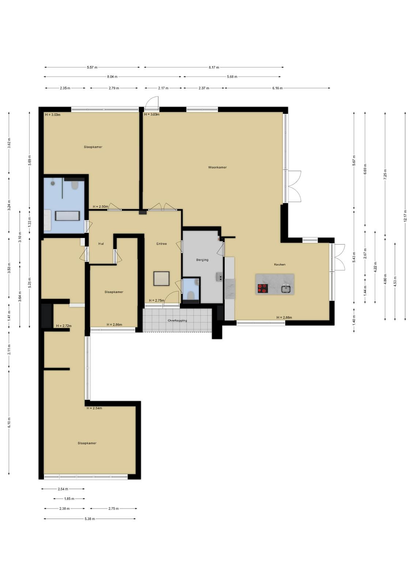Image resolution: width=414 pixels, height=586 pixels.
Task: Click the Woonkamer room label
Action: (x=217, y=167)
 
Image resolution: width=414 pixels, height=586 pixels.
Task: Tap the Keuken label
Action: (x=279, y=264)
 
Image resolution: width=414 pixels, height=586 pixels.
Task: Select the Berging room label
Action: (x=202, y=260)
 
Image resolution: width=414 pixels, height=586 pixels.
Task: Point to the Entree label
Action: (x=161, y=244)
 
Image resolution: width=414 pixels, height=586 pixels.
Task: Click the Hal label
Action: (x=101, y=244)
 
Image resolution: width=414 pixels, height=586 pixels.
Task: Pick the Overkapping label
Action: (x=177, y=320)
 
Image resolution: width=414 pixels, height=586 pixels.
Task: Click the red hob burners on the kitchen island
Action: (x=263, y=288)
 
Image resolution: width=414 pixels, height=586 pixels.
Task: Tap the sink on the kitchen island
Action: (x=286, y=289)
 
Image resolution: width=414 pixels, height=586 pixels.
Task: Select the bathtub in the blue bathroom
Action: (x=67, y=216)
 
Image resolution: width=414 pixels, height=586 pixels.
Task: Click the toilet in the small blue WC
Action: (x=191, y=295)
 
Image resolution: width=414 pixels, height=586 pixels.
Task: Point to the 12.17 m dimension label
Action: (x=405, y=216)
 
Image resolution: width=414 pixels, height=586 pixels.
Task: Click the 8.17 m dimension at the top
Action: (x=214, y=67)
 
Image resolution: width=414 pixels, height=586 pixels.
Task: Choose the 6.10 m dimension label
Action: (x=9, y=423)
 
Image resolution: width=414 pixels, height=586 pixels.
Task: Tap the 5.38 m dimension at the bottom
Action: (x=90, y=519)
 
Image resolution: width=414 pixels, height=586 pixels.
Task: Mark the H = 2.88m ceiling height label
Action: (x=284, y=318)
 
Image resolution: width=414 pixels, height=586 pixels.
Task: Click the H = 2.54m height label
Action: (x=94, y=408)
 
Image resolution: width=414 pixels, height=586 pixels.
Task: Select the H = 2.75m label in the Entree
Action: (x=157, y=301)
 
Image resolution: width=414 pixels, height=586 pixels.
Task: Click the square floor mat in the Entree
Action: (x=161, y=279)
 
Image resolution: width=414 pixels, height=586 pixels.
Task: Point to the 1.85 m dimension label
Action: (x=69, y=499)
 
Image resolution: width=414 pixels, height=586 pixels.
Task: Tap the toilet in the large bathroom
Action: (x=75, y=185)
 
